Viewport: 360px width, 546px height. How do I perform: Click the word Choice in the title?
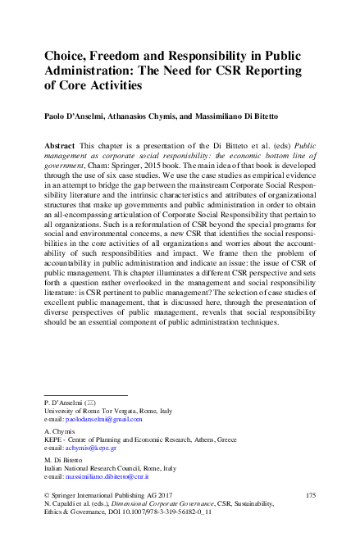[x=66, y=57]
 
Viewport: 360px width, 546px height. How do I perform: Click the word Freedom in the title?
[x=126, y=57]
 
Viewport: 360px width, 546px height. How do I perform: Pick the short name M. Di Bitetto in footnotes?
[x=64, y=459]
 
